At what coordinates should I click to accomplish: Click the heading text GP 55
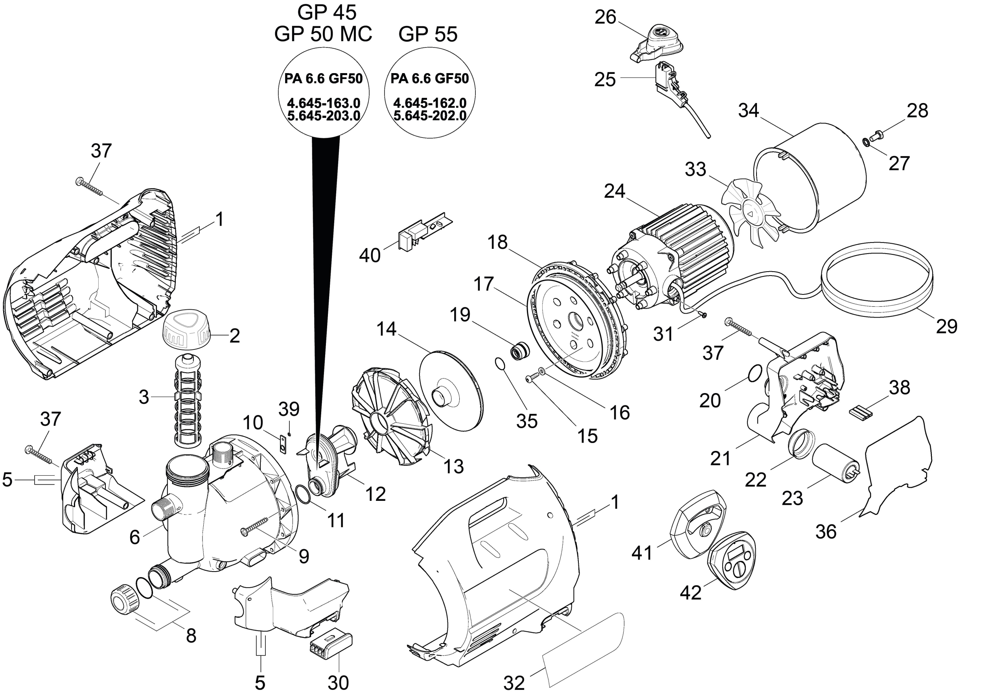tap(428, 34)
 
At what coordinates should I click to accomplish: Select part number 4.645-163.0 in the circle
tap(323, 103)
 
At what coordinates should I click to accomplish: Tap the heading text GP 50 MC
tap(323, 34)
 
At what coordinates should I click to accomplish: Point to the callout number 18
tap(497, 242)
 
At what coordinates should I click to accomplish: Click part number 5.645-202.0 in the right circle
tap(430, 116)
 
